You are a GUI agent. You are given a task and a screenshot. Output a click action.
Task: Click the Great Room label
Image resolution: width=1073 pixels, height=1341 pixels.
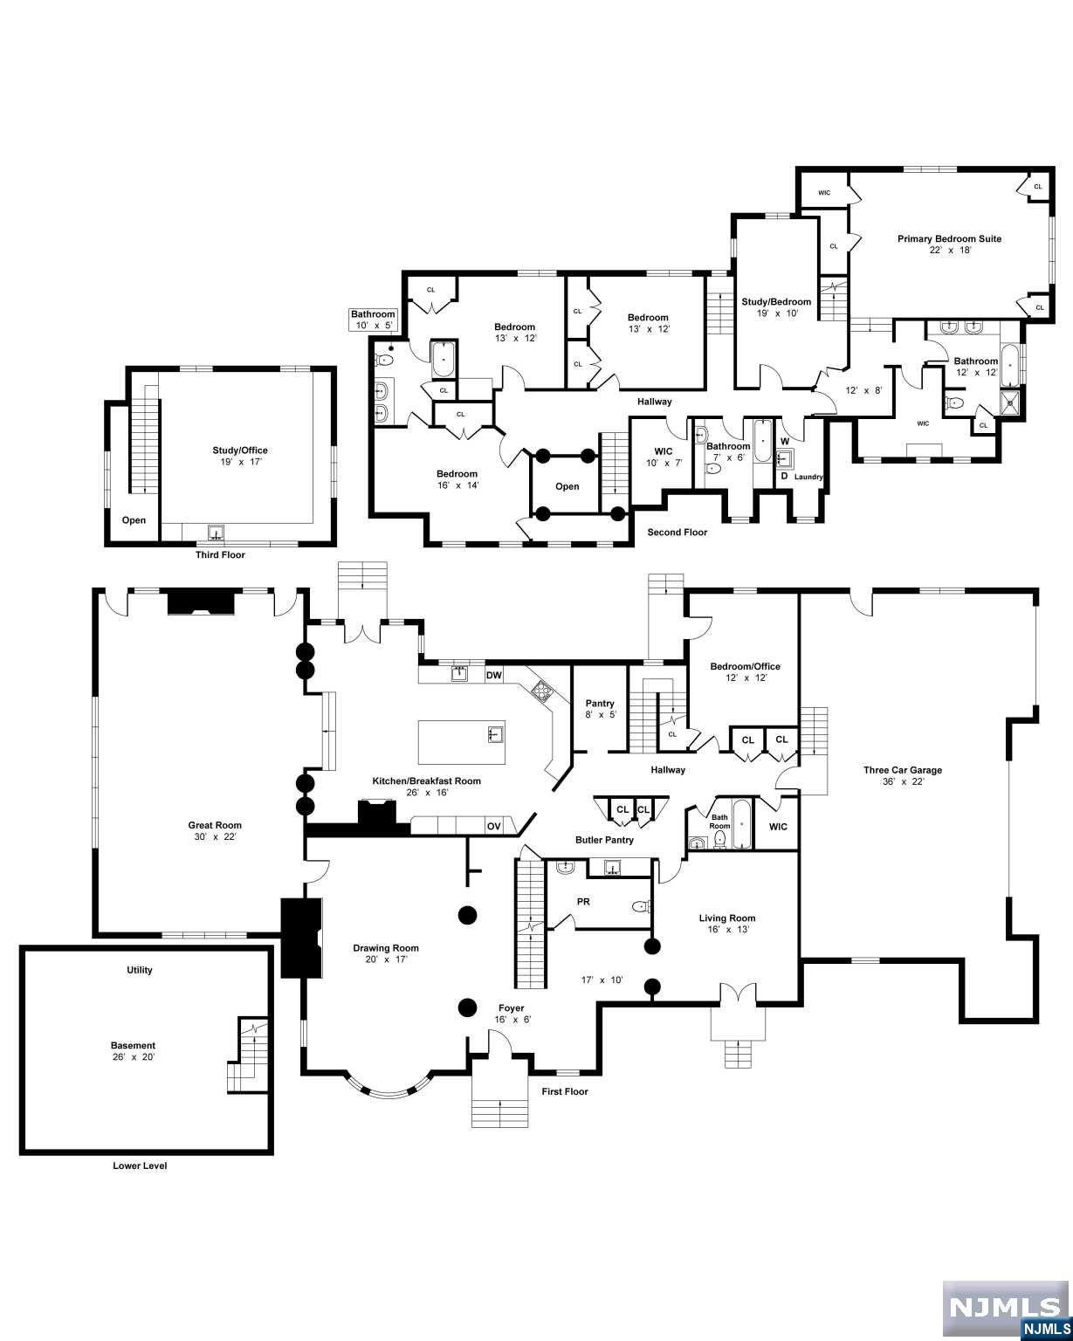point(215,825)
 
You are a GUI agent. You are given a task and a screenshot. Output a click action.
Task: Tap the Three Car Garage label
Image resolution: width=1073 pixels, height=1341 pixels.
point(902,770)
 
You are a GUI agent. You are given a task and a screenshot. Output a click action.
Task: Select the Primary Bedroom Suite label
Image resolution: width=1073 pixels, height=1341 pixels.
point(949,238)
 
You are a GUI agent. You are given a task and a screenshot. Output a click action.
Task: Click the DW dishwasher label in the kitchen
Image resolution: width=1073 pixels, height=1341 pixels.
point(493,675)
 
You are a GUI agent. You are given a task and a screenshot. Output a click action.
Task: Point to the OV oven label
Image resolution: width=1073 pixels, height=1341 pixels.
point(493,826)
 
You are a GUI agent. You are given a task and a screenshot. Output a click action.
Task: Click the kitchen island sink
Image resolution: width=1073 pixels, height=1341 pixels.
point(495,733)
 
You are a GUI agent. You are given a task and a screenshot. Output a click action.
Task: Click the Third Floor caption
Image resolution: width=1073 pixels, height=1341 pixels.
point(220,554)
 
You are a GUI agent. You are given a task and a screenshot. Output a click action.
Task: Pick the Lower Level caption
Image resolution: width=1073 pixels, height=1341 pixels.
point(140,1166)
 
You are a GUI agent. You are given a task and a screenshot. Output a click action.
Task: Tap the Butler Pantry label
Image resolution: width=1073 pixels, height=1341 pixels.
point(604,840)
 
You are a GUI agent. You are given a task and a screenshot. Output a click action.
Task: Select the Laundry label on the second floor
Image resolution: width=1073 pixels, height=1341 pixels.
point(808,477)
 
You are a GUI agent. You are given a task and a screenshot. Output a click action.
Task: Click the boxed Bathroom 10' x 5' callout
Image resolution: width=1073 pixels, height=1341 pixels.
point(373,320)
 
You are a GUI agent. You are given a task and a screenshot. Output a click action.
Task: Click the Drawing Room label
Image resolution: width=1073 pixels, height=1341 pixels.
point(385,948)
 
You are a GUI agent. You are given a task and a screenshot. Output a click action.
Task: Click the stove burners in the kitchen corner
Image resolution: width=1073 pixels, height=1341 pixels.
point(541,691)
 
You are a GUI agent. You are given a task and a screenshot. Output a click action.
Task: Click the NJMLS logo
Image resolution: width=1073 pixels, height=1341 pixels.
point(1006,1308)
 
